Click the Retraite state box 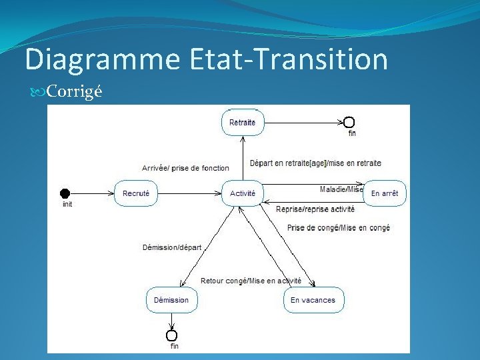click(x=242, y=123)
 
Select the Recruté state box click(x=136, y=193)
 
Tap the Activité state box click(x=243, y=193)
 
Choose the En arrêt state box click(x=384, y=193)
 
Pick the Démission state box click(x=171, y=300)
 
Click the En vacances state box click(x=313, y=300)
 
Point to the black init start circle click(x=65, y=193)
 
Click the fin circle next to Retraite click(x=349, y=122)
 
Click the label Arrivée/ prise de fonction click(x=185, y=168)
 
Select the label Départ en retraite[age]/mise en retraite click(x=315, y=163)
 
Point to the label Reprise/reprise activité click(x=315, y=209)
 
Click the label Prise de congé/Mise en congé click(x=339, y=228)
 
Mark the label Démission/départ click(x=172, y=247)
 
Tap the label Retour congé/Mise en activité click(x=251, y=281)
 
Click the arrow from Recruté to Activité click(x=189, y=193)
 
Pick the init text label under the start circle click(x=67, y=204)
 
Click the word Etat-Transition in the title click(x=288, y=59)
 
